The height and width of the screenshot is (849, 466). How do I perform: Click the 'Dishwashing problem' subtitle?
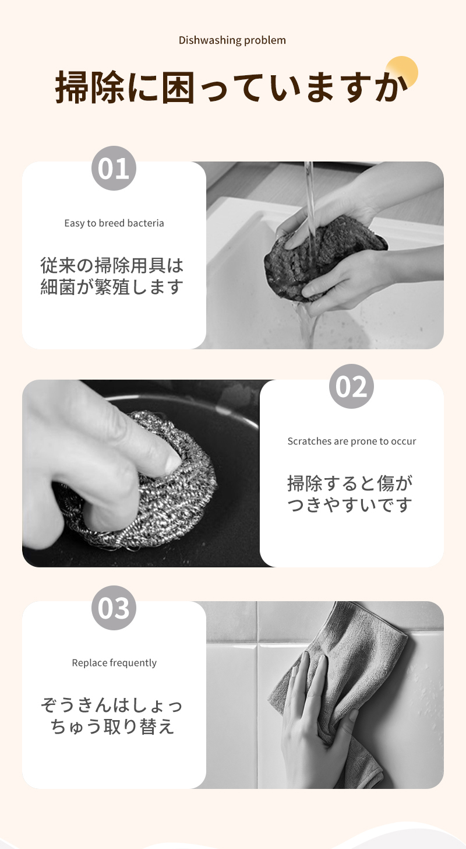[232, 40]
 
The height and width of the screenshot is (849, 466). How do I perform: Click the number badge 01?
[114, 169]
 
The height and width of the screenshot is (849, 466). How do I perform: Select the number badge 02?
[351, 386]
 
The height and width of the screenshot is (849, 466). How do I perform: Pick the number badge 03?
[114, 608]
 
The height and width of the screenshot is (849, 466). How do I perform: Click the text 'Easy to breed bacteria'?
[114, 223]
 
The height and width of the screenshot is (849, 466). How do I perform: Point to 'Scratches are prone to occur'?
[352, 441]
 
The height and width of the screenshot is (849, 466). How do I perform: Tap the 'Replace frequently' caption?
[114, 663]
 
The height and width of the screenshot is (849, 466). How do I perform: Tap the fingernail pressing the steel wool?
[173, 463]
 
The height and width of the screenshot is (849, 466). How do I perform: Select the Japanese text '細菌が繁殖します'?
[112, 287]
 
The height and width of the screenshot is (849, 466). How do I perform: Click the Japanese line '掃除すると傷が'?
[349, 483]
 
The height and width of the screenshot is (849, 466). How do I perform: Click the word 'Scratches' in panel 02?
[309, 441]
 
